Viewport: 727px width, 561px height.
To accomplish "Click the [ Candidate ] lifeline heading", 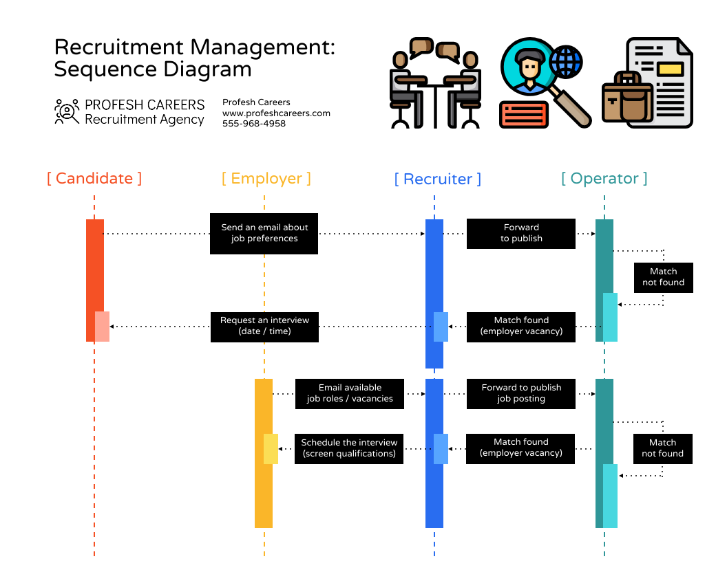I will [94, 179].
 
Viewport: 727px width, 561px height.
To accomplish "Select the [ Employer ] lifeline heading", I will [266, 179].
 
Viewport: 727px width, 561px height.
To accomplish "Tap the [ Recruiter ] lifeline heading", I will [437, 179].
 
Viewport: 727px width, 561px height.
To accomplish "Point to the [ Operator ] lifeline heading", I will [604, 179].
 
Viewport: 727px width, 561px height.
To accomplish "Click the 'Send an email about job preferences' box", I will [264, 233].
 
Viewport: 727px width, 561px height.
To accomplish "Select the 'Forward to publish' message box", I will [520, 233].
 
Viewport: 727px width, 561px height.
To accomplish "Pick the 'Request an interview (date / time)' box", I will [264, 326].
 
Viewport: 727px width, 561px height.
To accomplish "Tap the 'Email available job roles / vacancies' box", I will [349, 393].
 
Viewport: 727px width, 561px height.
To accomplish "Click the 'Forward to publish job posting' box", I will [520, 393].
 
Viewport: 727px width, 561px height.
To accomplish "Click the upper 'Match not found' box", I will [663, 277].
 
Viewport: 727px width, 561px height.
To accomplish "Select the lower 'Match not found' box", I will [662, 448].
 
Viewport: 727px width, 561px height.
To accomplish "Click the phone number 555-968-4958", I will [253, 124].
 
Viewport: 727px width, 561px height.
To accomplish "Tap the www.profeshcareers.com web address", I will [276, 113].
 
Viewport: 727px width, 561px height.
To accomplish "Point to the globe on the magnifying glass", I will [565, 61].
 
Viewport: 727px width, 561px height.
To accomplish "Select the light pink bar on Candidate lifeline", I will [102, 326].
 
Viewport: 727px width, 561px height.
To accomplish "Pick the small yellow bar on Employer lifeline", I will [271, 448].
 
